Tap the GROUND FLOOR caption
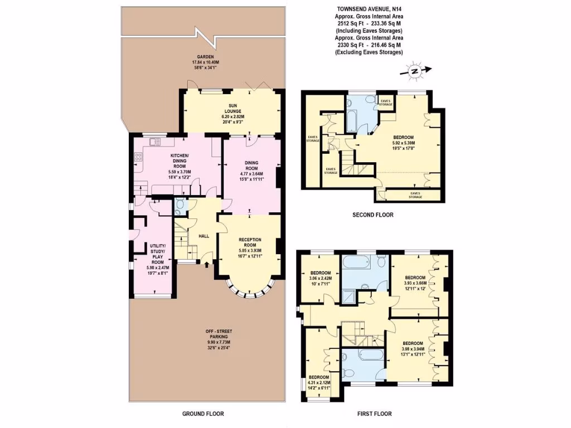203,414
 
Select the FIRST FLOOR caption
374,414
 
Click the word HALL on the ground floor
204,236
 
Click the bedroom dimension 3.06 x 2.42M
321,278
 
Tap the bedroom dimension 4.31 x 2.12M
318,382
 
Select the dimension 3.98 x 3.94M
413,349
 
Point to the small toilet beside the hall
179,206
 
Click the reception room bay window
250,291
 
